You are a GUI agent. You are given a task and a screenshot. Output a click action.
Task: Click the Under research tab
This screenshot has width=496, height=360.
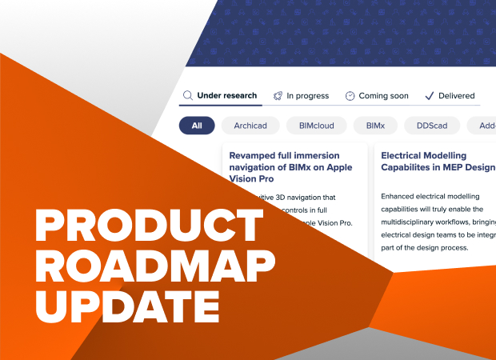click(227, 96)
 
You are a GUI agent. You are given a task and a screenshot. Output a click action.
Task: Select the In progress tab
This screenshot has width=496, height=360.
click(308, 96)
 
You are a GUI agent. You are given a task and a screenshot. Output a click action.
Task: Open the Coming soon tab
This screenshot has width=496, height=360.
click(383, 96)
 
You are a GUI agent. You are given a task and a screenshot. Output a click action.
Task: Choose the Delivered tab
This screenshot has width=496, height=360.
click(456, 96)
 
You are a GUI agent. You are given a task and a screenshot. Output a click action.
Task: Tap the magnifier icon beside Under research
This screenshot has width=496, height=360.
click(188, 96)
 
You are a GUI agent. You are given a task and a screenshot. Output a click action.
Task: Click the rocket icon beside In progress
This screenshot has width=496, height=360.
click(278, 96)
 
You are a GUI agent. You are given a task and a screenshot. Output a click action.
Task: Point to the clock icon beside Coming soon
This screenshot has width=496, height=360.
click(350, 96)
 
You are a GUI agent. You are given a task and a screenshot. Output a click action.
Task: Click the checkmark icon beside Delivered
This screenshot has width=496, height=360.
click(429, 96)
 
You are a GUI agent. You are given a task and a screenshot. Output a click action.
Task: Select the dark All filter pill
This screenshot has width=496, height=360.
click(197, 126)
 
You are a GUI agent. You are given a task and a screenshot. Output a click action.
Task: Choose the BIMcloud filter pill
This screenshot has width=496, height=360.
click(316, 126)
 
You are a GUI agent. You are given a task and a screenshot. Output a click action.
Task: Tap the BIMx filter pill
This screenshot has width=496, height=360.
click(375, 126)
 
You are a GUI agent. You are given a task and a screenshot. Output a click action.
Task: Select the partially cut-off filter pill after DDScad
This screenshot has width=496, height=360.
click(485, 126)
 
